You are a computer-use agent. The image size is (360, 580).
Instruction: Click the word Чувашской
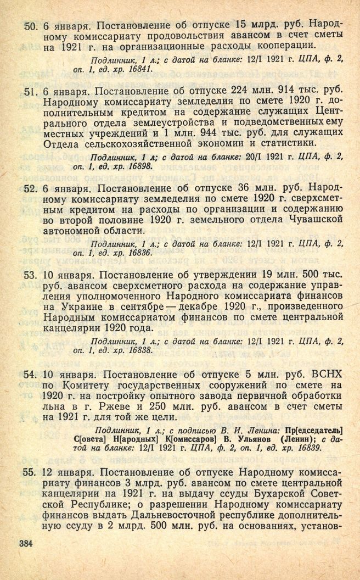tap(309, 219)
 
